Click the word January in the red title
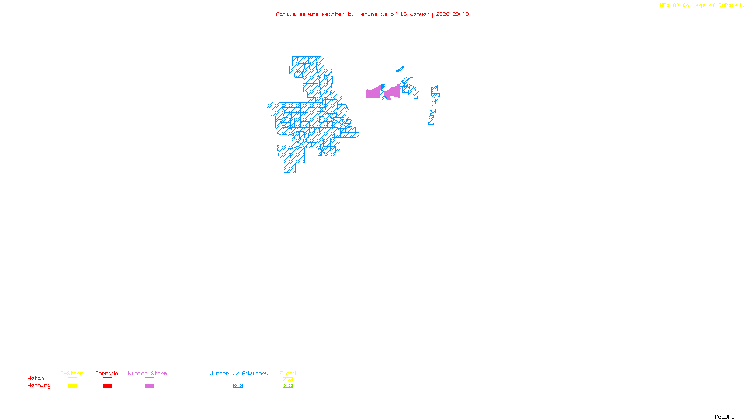[x=421, y=14]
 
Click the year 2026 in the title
[x=442, y=14]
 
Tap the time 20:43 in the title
[x=461, y=14]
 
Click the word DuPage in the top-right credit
[x=728, y=5]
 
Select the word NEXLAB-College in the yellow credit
[x=682, y=5]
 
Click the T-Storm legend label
[x=72, y=373]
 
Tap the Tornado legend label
[x=107, y=373]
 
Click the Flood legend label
[x=288, y=373]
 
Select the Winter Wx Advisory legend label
[x=239, y=373]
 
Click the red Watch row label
[x=36, y=378]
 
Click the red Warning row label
[x=39, y=385]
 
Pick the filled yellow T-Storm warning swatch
[x=72, y=386]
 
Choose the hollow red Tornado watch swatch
[x=107, y=379]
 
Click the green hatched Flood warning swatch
[x=288, y=386]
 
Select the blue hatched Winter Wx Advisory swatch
[x=238, y=386]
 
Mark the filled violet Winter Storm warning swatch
[x=149, y=386]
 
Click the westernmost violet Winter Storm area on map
[x=373, y=92]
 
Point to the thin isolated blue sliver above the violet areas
[x=400, y=70]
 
